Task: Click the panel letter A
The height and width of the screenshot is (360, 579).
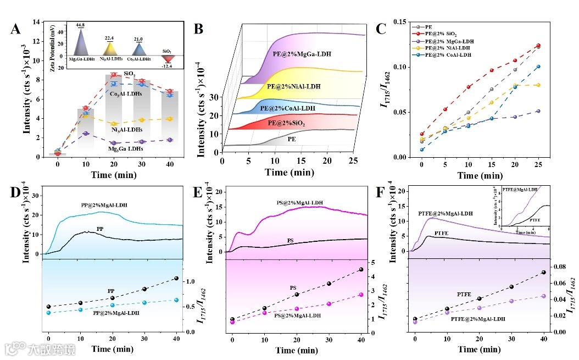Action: (x=16, y=29)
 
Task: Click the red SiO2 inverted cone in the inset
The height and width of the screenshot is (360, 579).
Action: (x=166, y=58)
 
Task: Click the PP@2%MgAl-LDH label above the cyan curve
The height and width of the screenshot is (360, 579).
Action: (x=101, y=205)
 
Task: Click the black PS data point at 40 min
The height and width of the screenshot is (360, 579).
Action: (x=360, y=269)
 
